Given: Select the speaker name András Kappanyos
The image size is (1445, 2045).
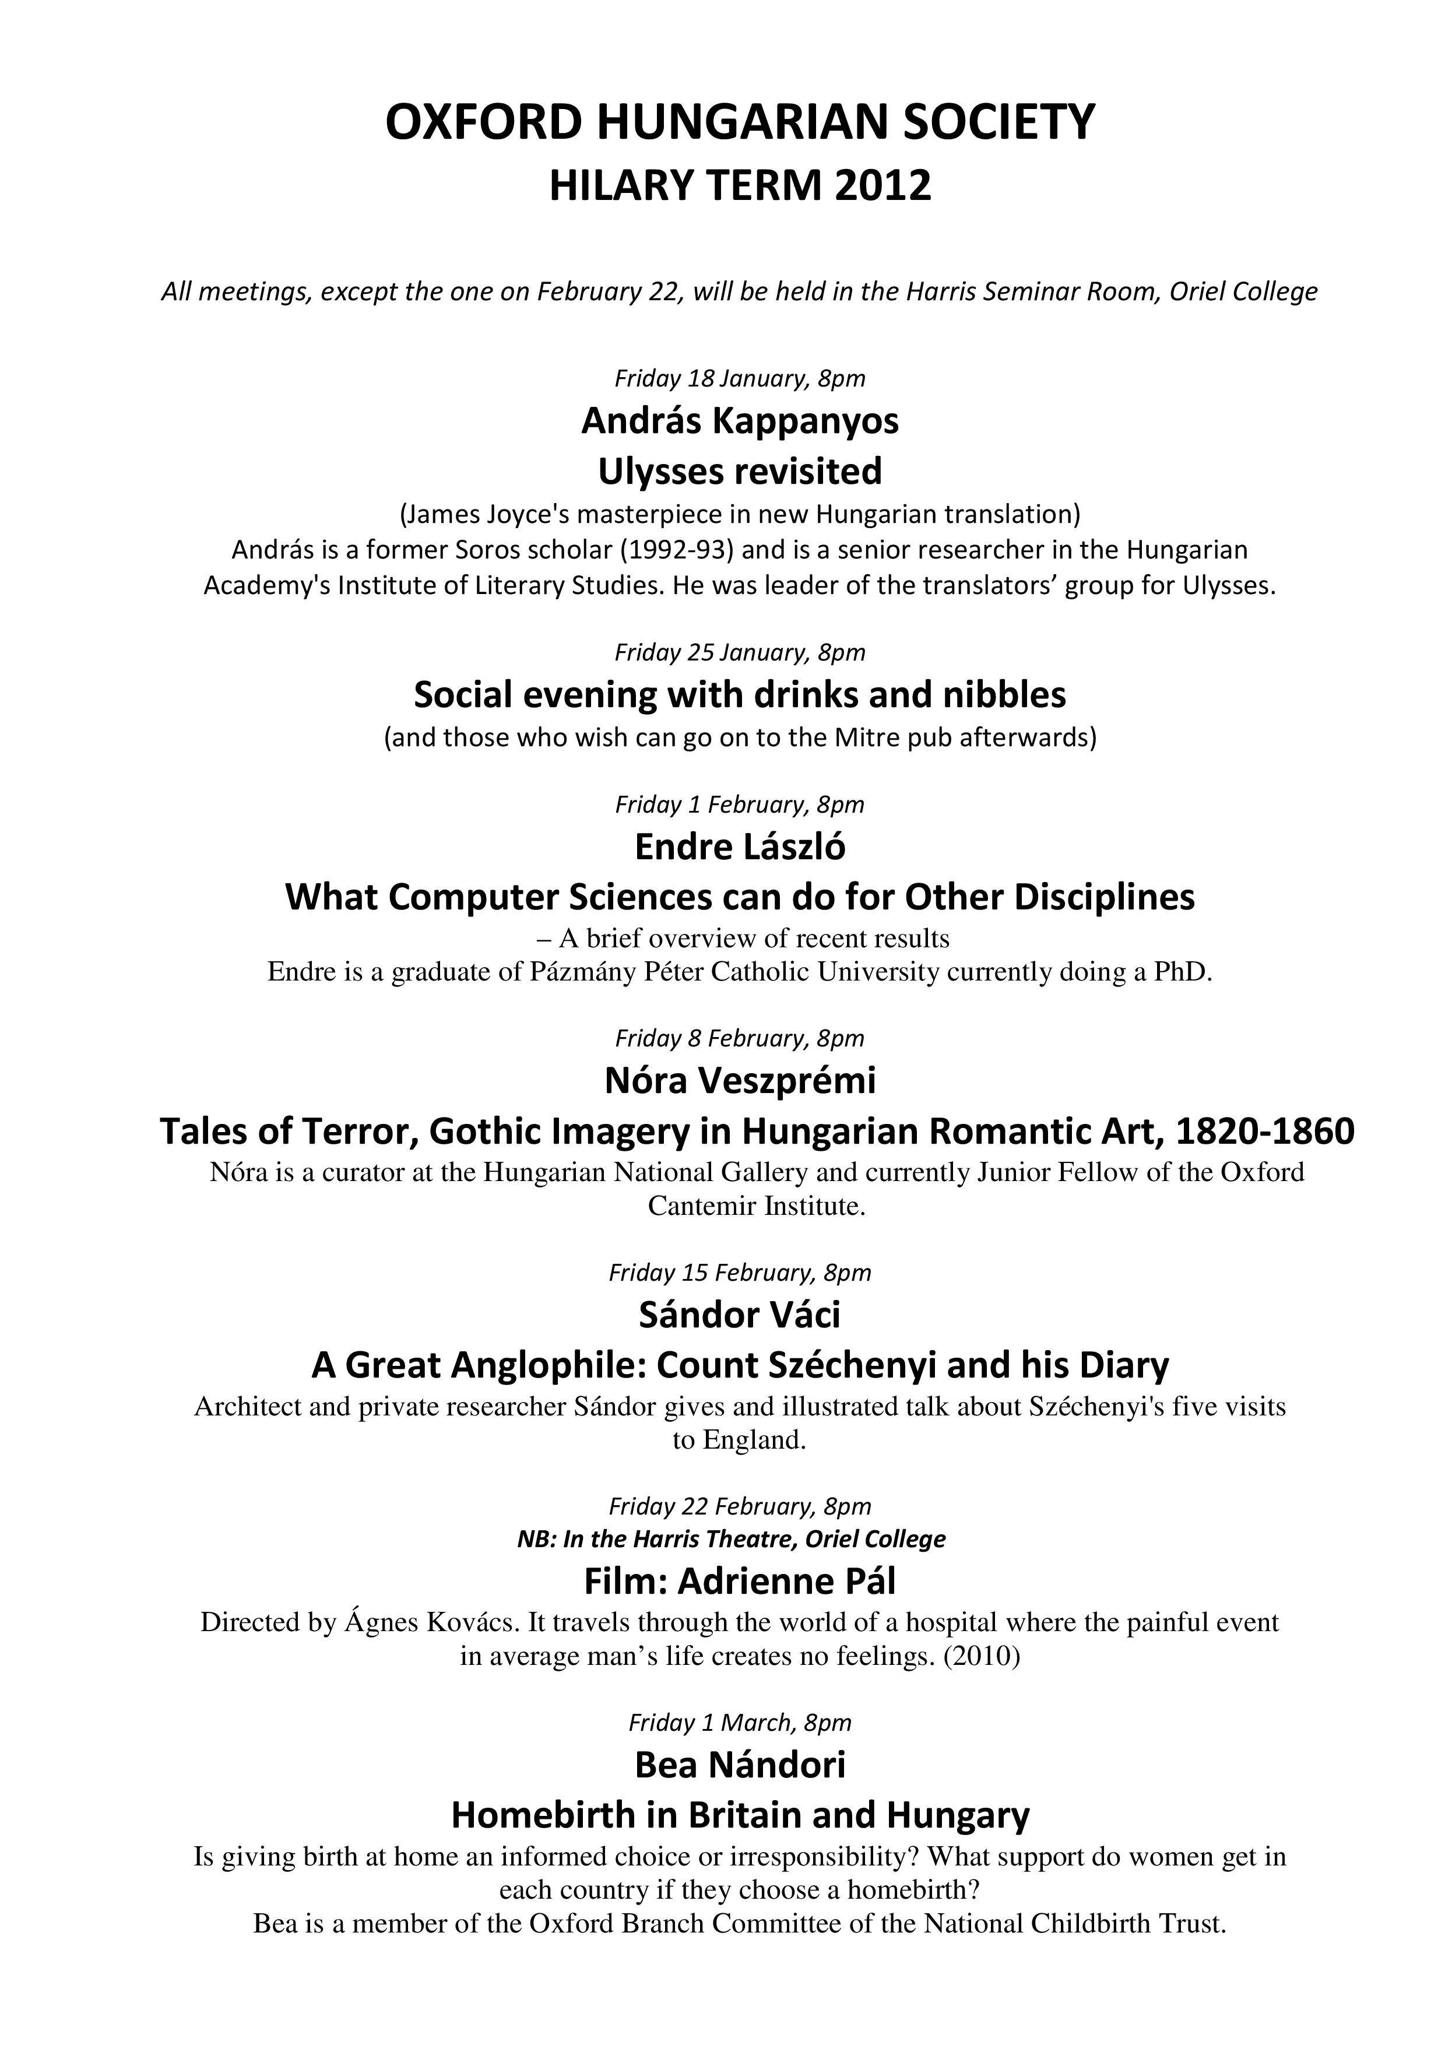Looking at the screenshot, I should pos(740,421).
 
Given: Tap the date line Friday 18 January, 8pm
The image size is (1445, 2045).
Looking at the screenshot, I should pos(740,378).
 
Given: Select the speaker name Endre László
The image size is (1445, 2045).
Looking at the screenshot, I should pos(740,847).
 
